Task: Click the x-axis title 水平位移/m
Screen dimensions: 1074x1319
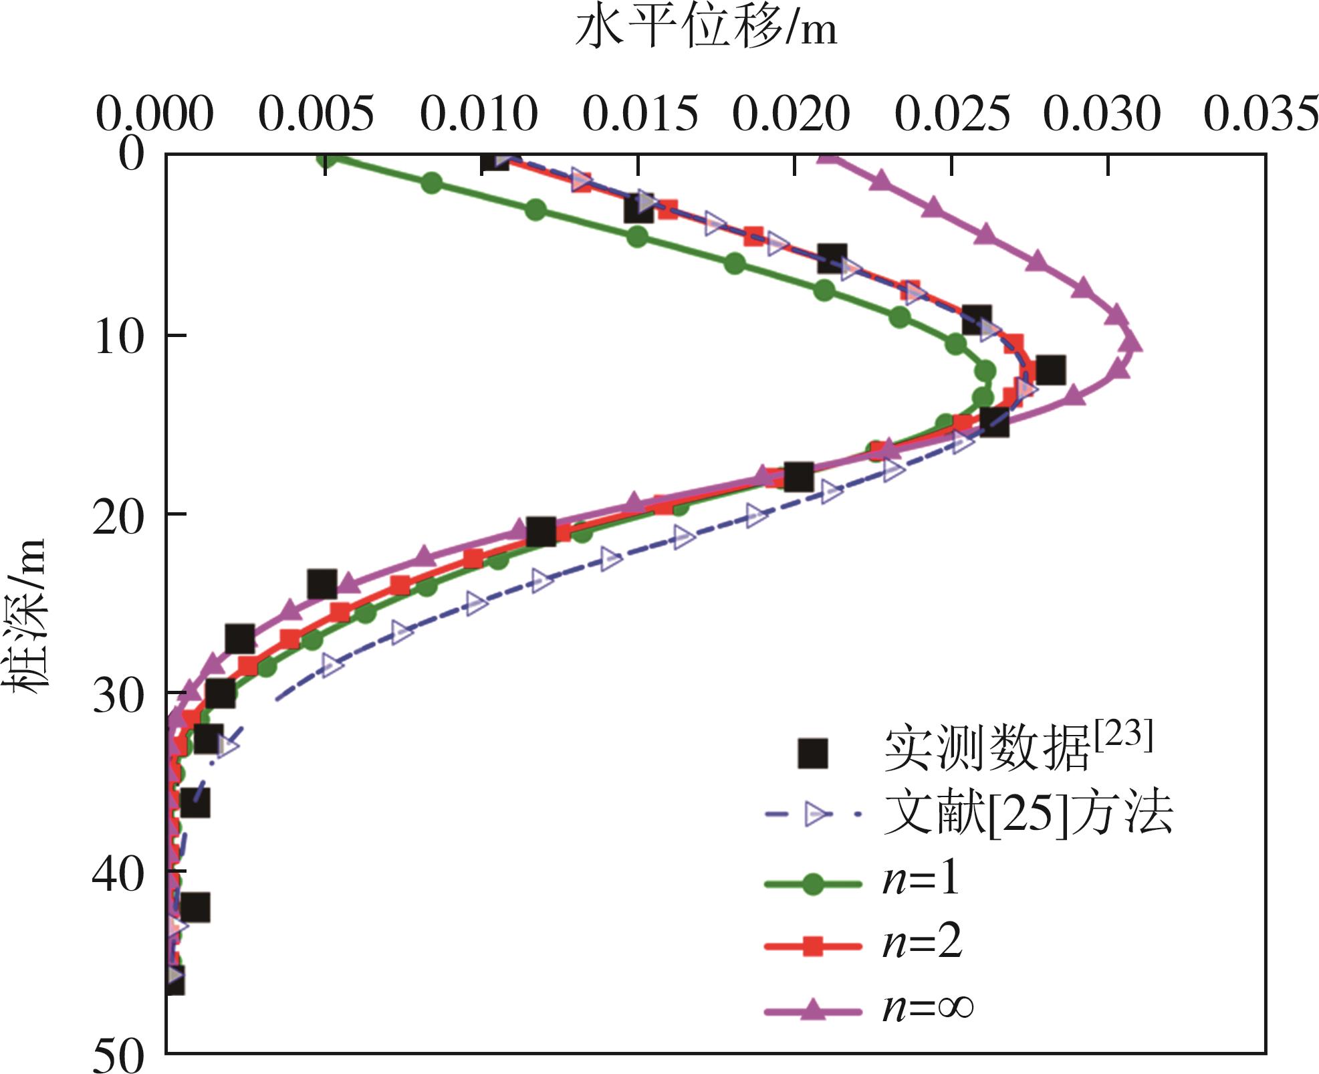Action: click(x=706, y=30)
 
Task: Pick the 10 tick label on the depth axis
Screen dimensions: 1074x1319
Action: click(x=119, y=336)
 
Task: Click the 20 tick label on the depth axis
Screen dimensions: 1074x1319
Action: click(x=118, y=516)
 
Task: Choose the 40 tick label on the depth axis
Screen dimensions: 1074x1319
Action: click(x=118, y=873)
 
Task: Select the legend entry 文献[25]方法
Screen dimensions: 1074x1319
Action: click(x=1028, y=814)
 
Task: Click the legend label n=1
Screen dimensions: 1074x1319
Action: click(x=921, y=878)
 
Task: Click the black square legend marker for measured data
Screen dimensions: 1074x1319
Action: click(x=813, y=753)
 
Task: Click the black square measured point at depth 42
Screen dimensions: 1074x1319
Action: click(x=195, y=907)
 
